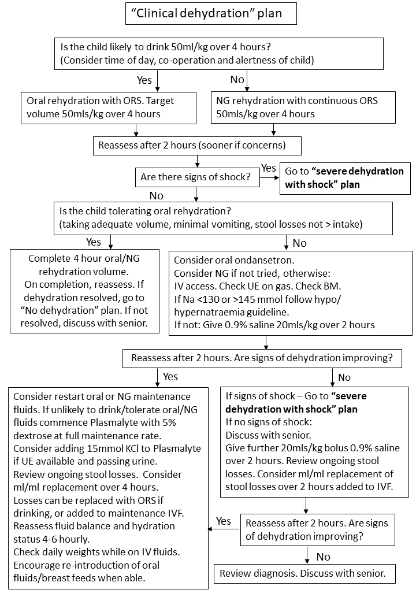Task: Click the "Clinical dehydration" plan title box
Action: pos(211,13)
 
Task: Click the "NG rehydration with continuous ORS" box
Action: pos(303,107)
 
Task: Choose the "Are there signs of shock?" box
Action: pos(197,177)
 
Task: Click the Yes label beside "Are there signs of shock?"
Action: pos(269,168)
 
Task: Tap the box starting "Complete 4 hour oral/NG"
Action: pos(84,291)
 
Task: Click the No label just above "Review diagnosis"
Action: pos(324,557)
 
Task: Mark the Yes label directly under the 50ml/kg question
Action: pos(144,80)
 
